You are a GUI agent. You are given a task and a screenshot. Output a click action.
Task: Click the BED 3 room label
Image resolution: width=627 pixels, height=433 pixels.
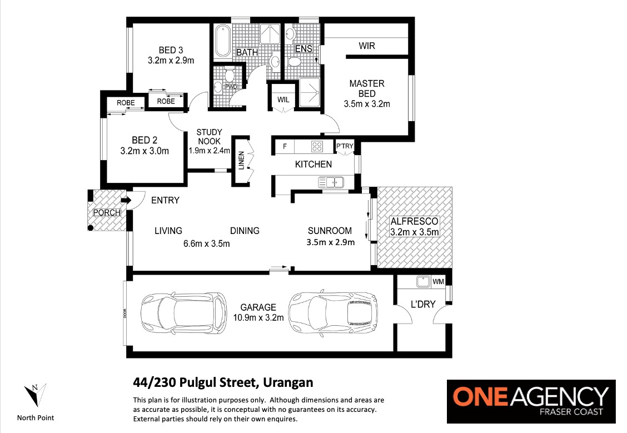(x=171, y=51)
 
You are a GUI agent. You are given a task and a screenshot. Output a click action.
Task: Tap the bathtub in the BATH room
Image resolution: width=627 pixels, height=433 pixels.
(x=222, y=42)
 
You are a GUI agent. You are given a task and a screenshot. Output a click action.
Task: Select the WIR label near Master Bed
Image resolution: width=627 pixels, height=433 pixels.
(x=367, y=46)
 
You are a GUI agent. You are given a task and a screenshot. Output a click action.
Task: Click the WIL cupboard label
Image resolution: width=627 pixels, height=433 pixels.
(x=283, y=99)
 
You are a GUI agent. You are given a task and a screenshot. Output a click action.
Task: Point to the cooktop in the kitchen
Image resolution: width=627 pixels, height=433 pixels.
(x=317, y=147)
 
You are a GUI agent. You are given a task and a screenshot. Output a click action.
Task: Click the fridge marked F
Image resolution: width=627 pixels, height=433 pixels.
(x=285, y=146)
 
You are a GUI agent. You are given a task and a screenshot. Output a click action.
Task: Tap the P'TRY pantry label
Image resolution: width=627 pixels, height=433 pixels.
(x=345, y=146)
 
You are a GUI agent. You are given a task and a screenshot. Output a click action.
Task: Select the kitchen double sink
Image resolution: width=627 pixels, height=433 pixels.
(x=331, y=182)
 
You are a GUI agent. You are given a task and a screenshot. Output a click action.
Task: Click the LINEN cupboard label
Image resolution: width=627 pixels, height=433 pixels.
(x=241, y=161)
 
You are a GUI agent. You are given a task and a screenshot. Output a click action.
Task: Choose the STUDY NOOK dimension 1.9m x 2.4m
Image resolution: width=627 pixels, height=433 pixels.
(x=209, y=151)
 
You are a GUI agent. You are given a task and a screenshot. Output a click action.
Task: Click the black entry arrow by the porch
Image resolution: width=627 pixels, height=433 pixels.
(x=126, y=200)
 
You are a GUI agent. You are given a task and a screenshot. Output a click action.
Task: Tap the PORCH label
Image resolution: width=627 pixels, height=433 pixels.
(x=107, y=213)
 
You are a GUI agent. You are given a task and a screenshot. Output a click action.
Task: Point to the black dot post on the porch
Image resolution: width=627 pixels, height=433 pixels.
(x=91, y=228)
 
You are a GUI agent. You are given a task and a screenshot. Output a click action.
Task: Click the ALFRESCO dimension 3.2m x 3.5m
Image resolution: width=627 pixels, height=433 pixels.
(x=415, y=232)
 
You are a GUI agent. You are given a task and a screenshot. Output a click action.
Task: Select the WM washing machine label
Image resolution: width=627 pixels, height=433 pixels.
(x=438, y=281)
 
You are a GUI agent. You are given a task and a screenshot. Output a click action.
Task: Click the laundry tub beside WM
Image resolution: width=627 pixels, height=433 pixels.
(x=422, y=281)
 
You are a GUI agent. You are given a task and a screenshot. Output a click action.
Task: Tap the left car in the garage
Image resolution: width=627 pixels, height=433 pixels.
(x=183, y=313)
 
